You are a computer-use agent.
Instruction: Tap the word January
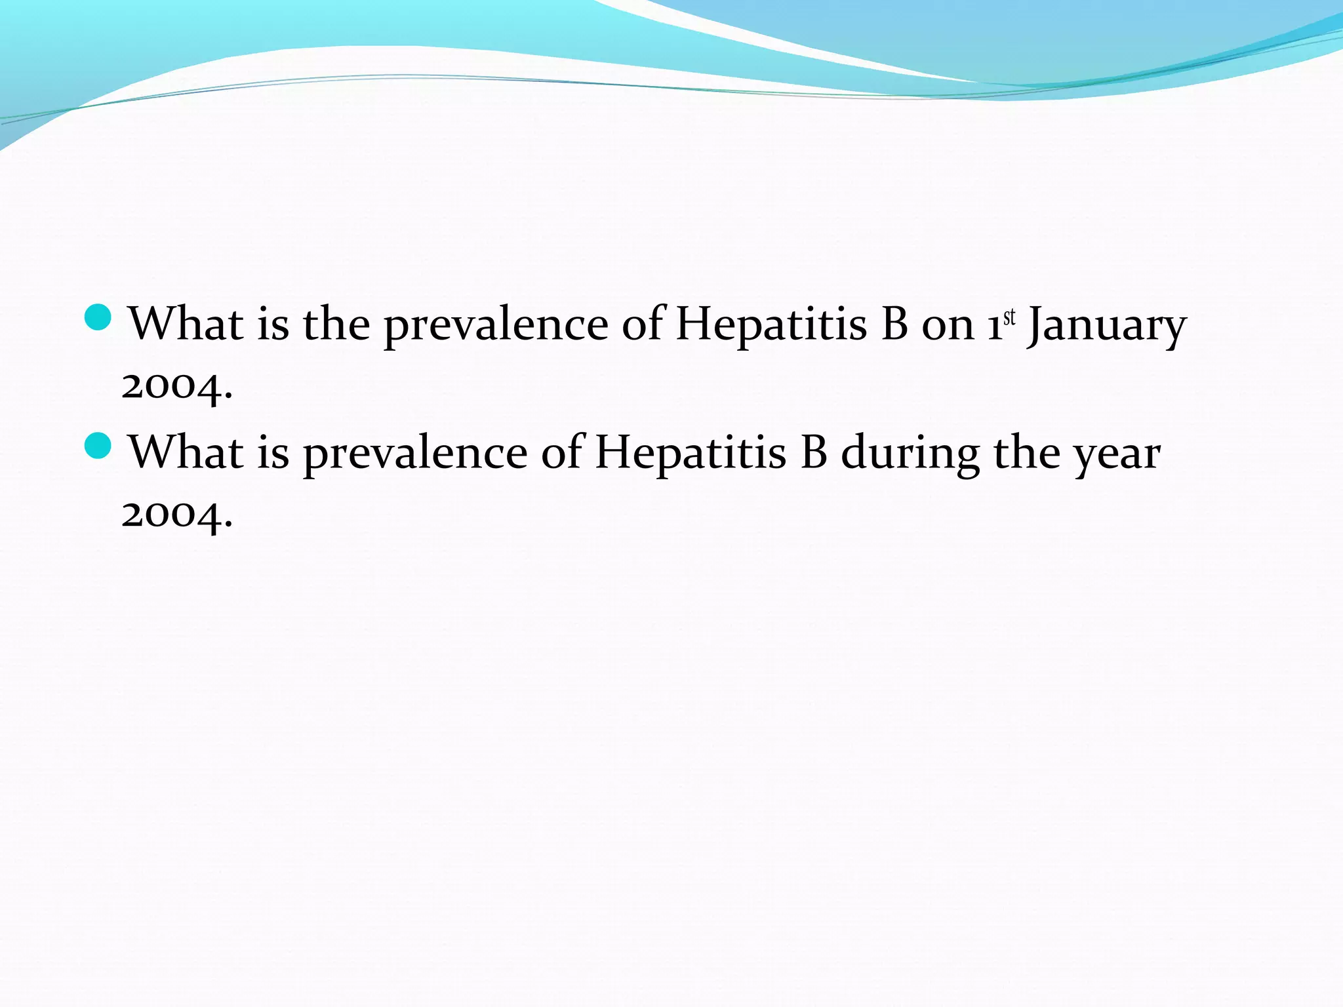tap(1106, 326)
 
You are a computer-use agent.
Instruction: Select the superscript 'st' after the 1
tap(1009, 317)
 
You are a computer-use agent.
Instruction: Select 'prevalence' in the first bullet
tap(496, 326)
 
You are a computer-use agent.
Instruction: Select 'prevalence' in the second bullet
tap(415, 454)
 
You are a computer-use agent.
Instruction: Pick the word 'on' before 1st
tap(948, 326)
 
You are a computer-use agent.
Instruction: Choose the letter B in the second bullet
tap(814, 452)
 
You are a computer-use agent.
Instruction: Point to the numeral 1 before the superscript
tap(995, 326)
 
